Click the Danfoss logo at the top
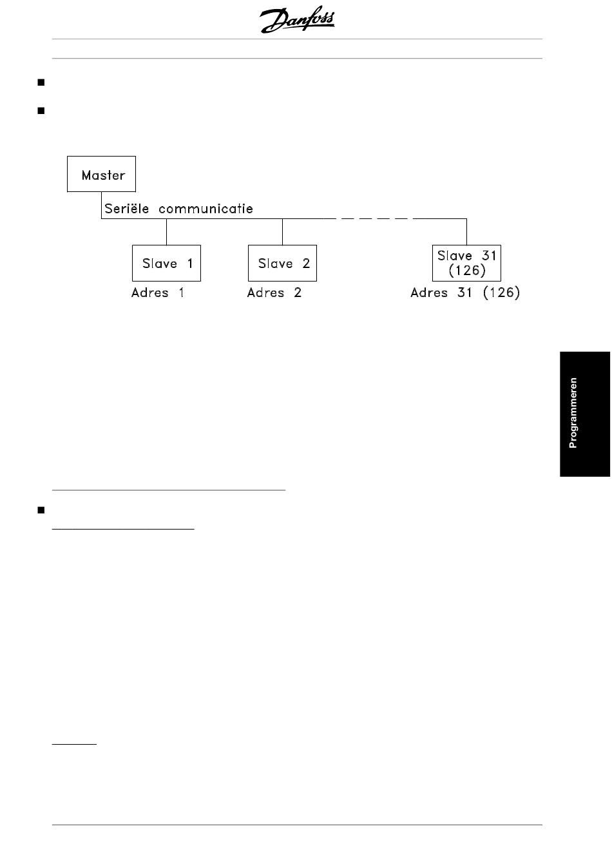point(297,19)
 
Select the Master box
point(101,174)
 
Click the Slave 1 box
point(166,263)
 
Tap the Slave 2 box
point(282,263)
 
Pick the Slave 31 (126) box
point(466,263)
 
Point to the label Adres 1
point(158,292)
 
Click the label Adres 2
point(274,292)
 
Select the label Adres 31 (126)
point(465,292)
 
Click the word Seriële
point(126,208)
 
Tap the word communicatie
point(206,208)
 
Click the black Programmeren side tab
point(585,414)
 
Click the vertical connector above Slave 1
point(166,232)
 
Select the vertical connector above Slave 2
point(282,232)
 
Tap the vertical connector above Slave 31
point(466,232)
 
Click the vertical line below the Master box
point(101,205)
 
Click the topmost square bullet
point(41,82)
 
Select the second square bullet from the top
point(41,111)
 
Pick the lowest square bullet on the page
point(41,510)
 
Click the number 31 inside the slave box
point(490,256)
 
